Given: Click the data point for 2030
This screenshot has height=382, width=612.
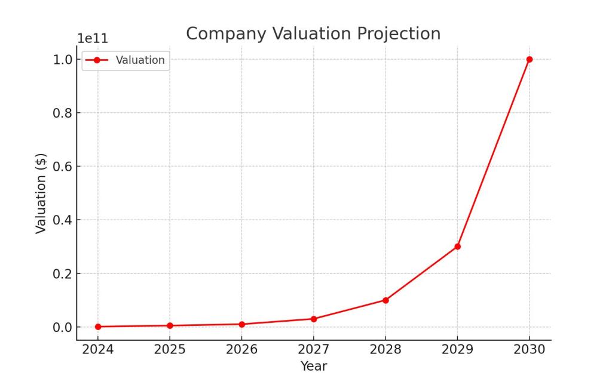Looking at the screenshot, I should [x=529, y=59].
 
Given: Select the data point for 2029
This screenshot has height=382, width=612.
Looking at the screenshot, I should [x=457, y=247].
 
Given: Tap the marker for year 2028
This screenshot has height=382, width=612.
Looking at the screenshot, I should [x=385, y=300].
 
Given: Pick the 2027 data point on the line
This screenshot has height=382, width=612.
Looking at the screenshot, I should [x=314, y=319].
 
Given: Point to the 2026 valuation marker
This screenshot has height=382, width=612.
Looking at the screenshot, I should [x=242, y=324].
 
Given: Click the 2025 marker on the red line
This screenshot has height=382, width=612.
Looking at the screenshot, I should [x=170, y=325].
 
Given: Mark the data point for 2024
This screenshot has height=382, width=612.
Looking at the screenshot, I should [x=98, y=326].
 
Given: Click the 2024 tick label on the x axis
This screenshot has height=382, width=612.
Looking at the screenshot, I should [x=98, y=350].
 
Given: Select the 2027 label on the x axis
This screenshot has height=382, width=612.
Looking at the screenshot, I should [x=314, y=350].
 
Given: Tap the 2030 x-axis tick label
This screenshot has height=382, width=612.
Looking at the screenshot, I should [x=529, y=350].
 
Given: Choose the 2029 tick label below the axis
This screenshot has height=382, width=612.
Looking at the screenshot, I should [x=457, y=350].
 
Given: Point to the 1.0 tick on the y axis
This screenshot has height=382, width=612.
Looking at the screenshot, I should [x=63, y=59].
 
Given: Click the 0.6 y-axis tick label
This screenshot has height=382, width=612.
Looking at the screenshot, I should [x=63, y=167].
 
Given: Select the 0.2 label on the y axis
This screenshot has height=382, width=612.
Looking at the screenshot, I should [x=63, y=273].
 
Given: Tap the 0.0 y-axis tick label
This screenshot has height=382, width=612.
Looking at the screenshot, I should [x=63, y=327].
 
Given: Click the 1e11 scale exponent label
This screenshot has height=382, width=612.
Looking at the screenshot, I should [x=93, y=39].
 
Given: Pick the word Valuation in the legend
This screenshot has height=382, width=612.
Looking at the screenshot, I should [x=140, y=60].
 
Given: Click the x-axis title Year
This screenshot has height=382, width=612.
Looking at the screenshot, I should [x=314, y=366].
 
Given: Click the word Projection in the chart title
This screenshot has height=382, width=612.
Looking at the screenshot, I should [x=399, y=33].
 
